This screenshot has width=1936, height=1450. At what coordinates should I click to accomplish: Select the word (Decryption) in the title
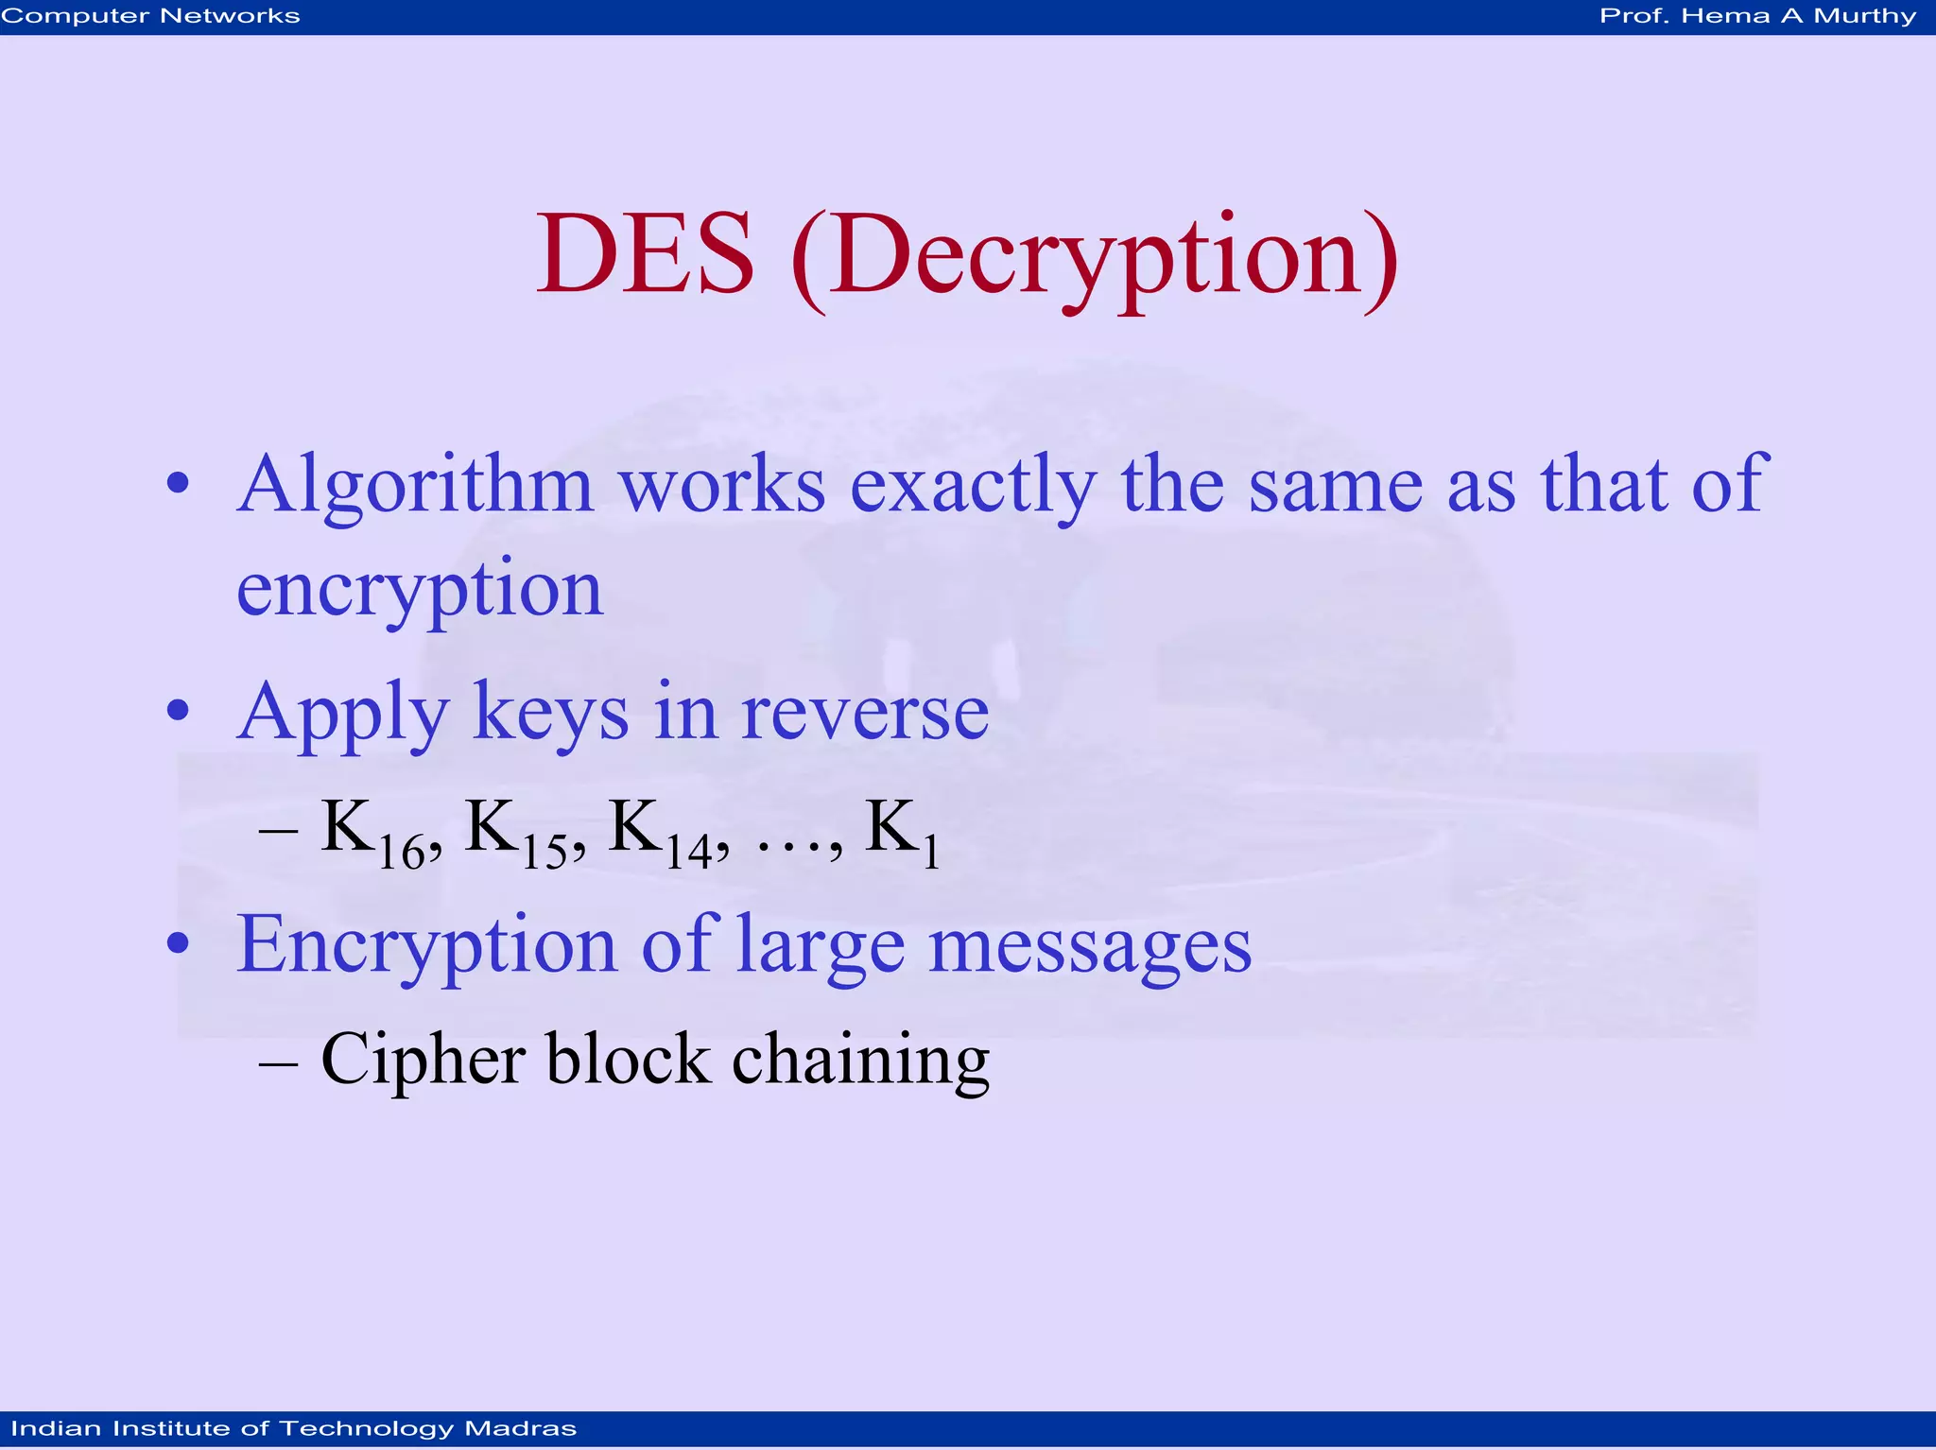click(1095, 257)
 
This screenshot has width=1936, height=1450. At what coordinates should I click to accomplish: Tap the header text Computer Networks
click(151, 16)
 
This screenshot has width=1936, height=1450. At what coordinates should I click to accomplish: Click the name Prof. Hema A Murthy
click(1757, 16)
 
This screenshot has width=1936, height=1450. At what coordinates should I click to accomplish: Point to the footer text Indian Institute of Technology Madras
click(294, 1428)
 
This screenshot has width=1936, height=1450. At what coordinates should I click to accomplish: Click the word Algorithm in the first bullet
click(415, 486)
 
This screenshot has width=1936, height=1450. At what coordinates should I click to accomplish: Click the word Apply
click(341, 715)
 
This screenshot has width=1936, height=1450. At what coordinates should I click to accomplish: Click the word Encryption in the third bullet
click(426, 945)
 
